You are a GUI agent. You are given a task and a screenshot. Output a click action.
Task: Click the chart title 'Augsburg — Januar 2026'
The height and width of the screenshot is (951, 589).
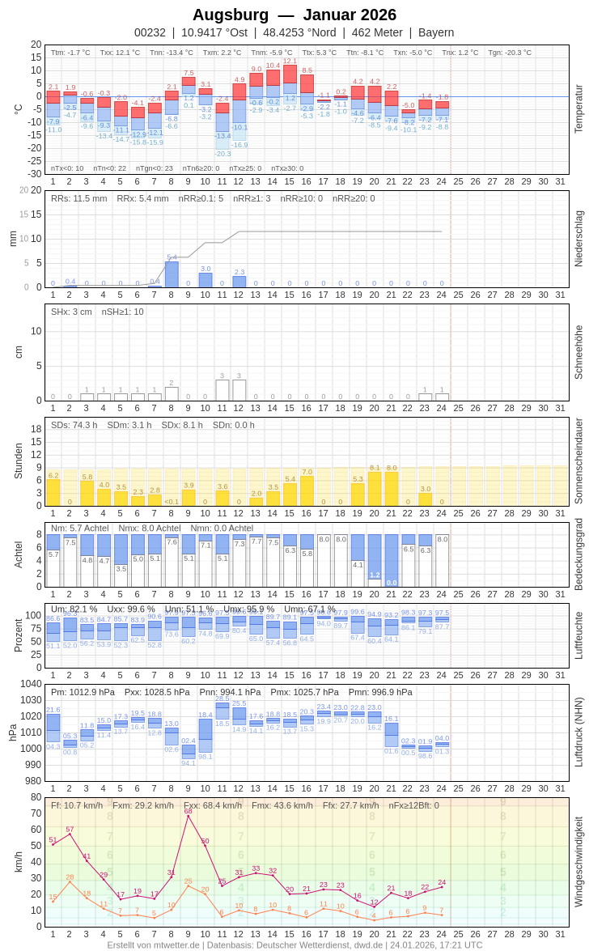pos(294,15)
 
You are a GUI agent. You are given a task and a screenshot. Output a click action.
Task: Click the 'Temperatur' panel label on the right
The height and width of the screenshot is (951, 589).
pos(578,109)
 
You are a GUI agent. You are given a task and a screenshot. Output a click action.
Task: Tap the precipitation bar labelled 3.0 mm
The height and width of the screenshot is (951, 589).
pos(206,280)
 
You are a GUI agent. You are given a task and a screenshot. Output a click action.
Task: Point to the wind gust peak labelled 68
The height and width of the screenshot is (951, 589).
pos(189,816)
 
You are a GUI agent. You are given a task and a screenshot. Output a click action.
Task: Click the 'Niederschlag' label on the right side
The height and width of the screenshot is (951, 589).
pos(578,239)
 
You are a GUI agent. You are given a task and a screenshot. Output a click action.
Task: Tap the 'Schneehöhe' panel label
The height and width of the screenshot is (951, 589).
pos(578,352)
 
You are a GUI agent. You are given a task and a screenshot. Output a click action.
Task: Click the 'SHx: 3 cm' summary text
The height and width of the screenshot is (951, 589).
pos(72,312)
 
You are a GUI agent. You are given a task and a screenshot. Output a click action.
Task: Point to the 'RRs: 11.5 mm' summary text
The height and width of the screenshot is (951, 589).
pos(78,198)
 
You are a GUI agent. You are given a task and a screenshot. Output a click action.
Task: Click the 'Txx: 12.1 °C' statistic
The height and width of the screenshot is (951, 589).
pos(120,53)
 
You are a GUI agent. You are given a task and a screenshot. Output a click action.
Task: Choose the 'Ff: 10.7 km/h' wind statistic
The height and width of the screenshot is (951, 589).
pos(77,805)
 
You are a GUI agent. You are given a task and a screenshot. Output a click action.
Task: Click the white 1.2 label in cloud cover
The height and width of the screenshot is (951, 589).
pos(375,575)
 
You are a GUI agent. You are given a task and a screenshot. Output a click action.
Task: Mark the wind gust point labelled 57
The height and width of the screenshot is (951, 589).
pos(70,834)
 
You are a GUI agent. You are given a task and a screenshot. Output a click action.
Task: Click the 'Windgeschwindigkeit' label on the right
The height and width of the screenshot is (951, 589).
pos(578,862)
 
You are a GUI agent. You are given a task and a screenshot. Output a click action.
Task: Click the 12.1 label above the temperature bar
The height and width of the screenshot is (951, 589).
pos(290,61)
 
